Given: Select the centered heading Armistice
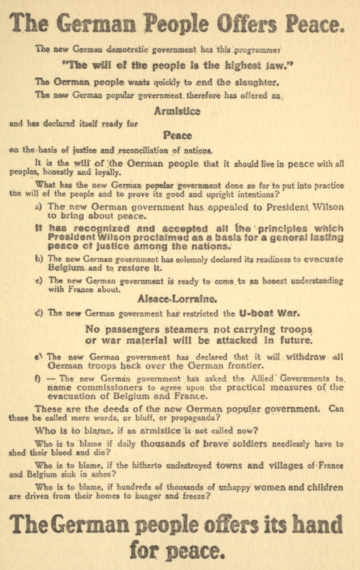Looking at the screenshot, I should point(177,111).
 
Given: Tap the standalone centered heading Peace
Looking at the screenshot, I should point(177,136).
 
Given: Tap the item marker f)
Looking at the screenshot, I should point(38,379).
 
